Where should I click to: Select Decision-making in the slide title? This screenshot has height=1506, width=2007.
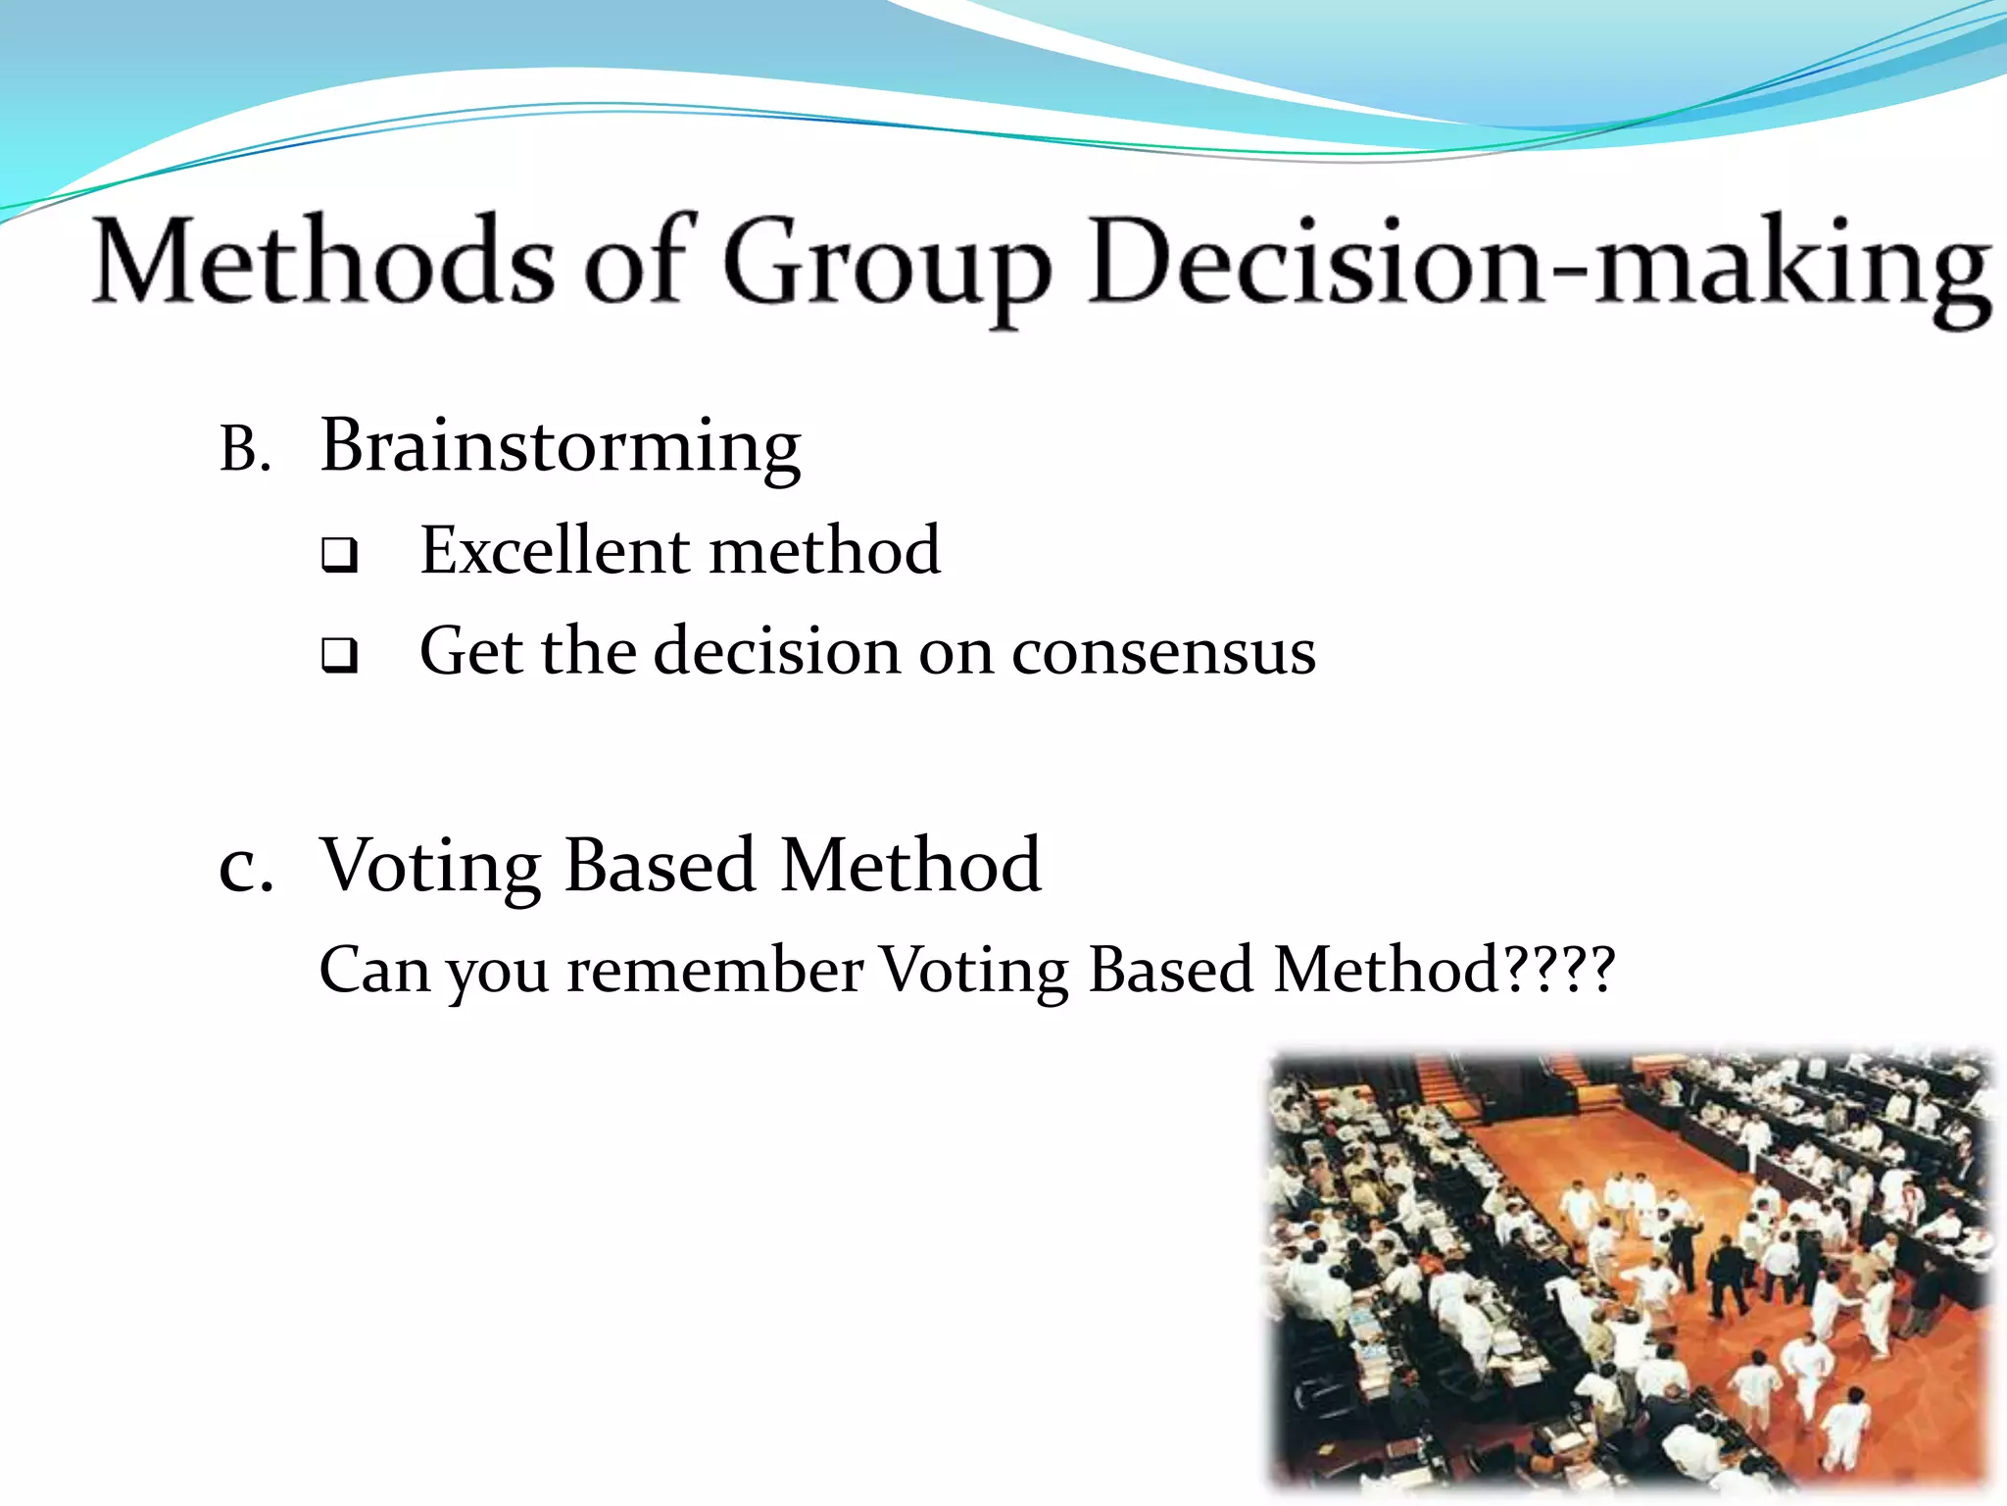coord(1539,265)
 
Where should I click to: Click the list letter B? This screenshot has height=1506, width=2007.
coord(244,450)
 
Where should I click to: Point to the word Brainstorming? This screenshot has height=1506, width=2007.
coord(561,446)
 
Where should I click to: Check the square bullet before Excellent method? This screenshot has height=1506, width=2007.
coord(339,555)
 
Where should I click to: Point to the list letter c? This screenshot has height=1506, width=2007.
coord(245,867)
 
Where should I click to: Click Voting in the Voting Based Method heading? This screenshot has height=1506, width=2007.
coord(431,867)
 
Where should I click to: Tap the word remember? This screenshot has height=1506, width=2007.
coord(715,971)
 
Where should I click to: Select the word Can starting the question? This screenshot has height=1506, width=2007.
coord(374,971)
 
